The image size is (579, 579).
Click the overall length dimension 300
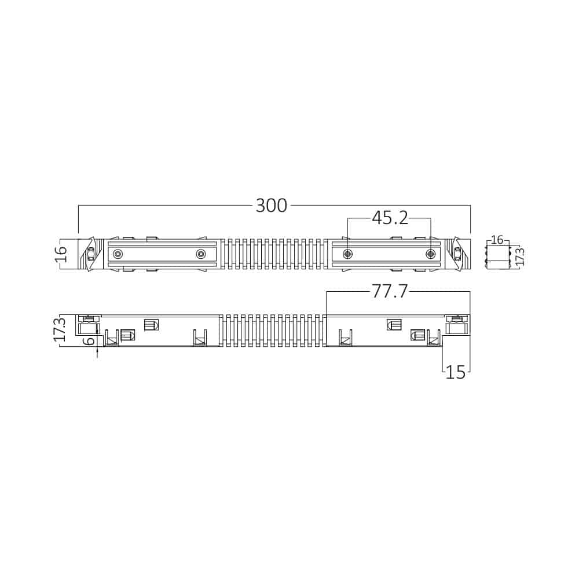coord(272,206)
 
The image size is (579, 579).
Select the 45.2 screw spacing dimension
coord(390,218)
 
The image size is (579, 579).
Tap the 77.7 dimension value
coord(390,291)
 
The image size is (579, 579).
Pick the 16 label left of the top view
coord(61,254)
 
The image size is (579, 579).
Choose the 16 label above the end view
coord(497,240)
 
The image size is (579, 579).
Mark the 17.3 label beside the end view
coord(519,256)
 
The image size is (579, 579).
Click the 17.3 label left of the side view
coord(60,329)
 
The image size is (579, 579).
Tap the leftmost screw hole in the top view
coord(118,254)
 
